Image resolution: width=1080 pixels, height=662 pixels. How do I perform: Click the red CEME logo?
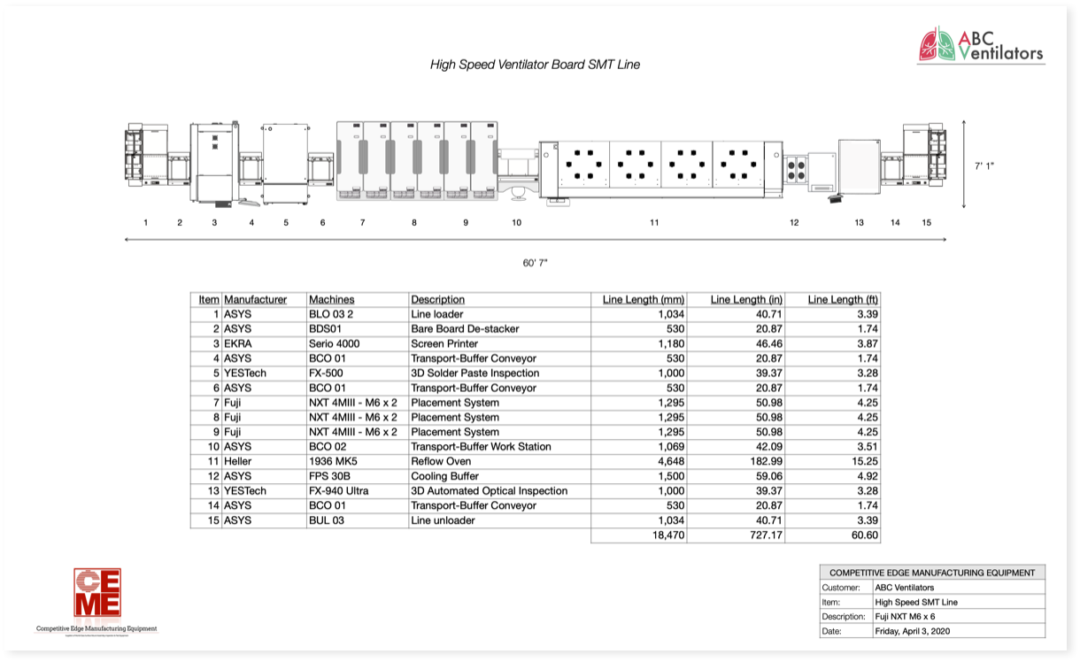pyautogui.click(x=97, y=593)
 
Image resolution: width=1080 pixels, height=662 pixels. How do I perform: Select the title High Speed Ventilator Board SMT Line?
pyautogui.click(x=535, y=65)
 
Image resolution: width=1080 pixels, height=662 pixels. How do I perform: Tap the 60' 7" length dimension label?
pyautogui.click(x=535, y=263)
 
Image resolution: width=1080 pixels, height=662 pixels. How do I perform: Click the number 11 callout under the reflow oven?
pyautogui.click(x=654, y=223)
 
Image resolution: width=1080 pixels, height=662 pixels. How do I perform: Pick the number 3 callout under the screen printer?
pyautogui.click(x=214, y=223)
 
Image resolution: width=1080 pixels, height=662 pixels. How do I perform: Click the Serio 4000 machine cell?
pyautogui.click(x=335, y=343)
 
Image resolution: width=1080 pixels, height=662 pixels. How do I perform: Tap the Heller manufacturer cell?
pyautogui.click(x=238, y=462)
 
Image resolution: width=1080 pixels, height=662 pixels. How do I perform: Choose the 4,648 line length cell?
pyautogui.click(x=670, y=462)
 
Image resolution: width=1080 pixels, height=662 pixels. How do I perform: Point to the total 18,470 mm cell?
pyautogui.click(x=668, y=535)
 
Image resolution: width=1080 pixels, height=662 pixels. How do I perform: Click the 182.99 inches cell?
pyautogui.click(x=765, y=462)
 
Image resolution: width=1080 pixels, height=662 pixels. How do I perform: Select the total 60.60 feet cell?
pyautogui.click(x=863, y=535)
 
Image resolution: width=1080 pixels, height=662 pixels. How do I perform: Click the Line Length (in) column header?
pyautogui.click(x=746, y=300)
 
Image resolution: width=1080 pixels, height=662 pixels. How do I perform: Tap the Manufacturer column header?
pyautogui.click(x=256, y=300)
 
